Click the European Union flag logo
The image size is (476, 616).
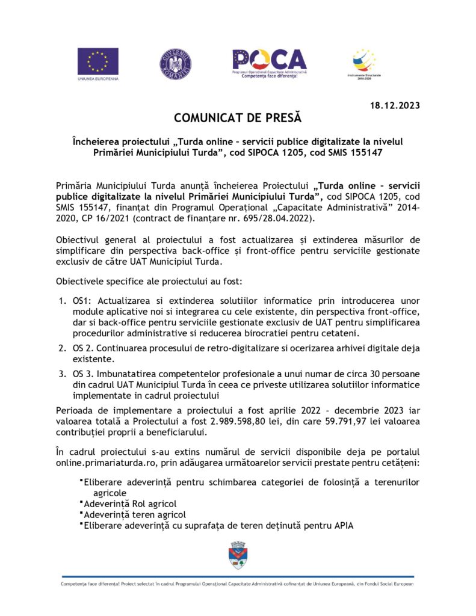pyautogui.click(x=97, y=60)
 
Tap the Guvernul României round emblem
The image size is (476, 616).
pyautogui.click(x=176, y=63)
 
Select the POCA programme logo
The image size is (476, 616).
pyautogui.click(x=270, y=60)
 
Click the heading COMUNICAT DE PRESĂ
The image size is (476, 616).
pyautogui.click(x=238, y=117)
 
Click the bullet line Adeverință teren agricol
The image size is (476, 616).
pyautogui.click(x=135, y=514)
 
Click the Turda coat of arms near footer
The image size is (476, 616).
pyautogui.click(x=238, y=555)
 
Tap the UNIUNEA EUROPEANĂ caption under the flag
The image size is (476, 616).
pyautogui.click(x=98, y=79)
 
